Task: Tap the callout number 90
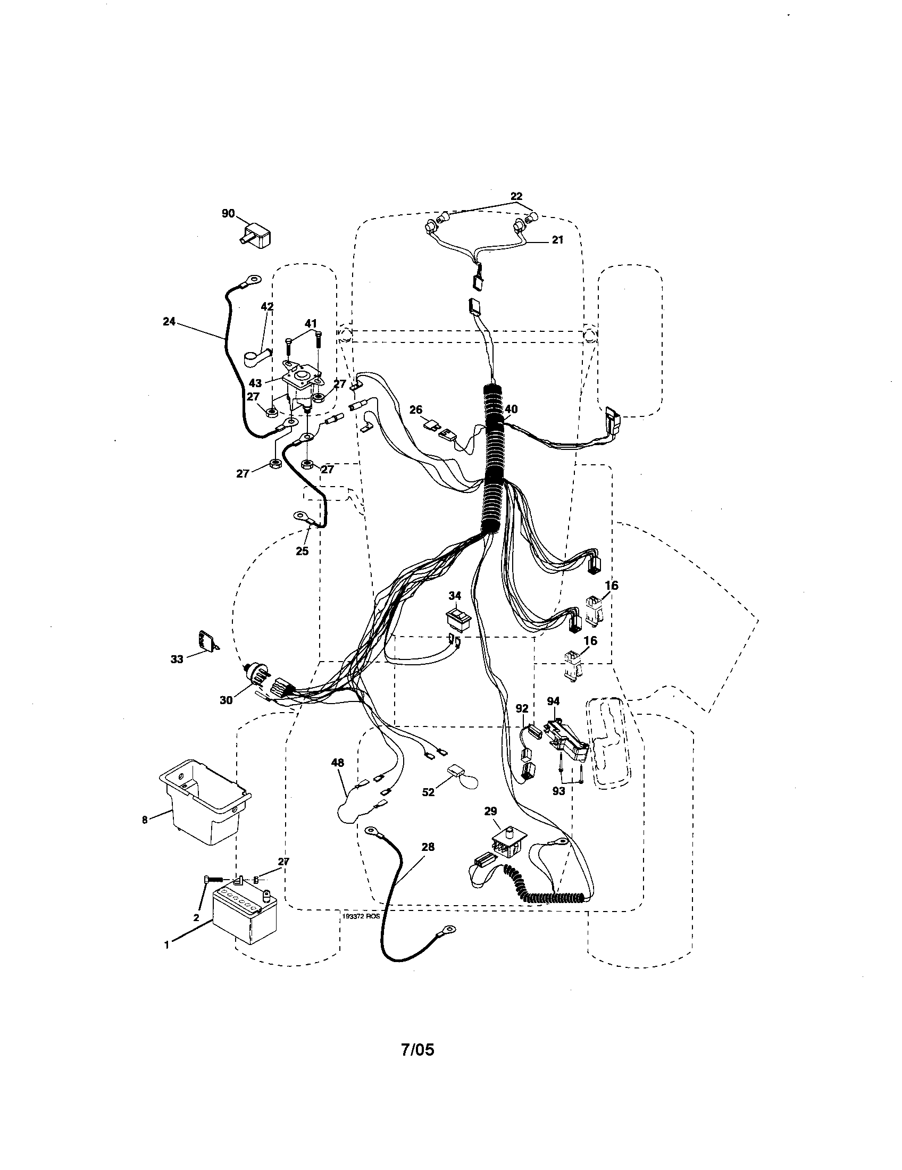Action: tap(228, 213)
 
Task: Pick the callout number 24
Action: tap(169, 322)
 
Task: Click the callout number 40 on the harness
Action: tap(511, 410)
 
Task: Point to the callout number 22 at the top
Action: tap(516, 197)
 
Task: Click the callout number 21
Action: tap(557, 240)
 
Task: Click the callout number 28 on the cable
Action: tap(428, 847)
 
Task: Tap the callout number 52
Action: tap(428, 792)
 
